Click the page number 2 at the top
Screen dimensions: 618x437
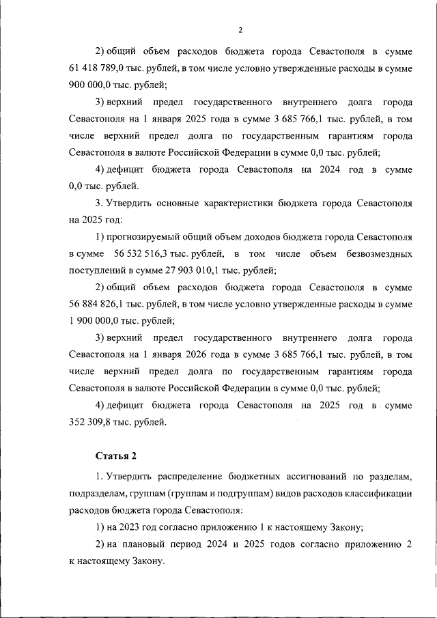(x=240, y=29)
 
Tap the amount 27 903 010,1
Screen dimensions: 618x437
(x=180, y=270)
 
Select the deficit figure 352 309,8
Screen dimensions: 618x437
(x=93, y=422)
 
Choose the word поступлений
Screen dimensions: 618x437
(x=96, y=270)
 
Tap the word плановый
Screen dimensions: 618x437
(x=145, y=544)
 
